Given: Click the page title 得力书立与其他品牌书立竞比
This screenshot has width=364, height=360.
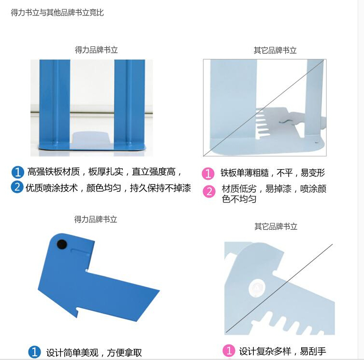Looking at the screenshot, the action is point(57,13).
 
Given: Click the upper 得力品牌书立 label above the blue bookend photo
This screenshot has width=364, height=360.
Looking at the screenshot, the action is point(96,50).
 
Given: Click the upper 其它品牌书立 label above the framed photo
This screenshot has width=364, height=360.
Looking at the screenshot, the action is point(275,50).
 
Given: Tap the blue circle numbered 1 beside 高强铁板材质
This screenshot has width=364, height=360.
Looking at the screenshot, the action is point(17,172).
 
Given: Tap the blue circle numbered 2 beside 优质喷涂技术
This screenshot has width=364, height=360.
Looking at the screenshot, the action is point(17,187).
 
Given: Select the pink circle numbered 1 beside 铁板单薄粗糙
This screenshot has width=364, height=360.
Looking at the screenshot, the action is point(208,173).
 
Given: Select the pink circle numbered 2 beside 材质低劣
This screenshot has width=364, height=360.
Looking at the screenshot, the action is point(209,191).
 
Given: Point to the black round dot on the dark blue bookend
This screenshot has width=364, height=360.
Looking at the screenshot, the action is point(62,245).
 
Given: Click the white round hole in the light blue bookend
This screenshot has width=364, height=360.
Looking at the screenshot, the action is point(257,288).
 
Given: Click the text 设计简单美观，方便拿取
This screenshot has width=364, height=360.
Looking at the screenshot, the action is point(94,353).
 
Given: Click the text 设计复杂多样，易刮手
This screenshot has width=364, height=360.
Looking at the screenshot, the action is point(283,351).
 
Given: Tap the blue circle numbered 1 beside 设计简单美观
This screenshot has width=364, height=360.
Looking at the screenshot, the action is point(35,352).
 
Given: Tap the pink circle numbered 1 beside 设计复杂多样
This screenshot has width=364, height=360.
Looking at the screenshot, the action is point(229,350).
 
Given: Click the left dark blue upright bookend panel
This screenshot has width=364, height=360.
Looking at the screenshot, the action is point(55,104).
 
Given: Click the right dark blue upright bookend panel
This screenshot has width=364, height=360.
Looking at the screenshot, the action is point(130,104).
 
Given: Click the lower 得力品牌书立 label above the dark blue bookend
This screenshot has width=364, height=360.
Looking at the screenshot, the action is point(96,219).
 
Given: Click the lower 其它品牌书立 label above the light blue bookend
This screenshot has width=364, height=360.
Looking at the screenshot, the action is point(276,226).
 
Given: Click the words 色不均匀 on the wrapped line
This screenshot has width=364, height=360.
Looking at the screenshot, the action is point(239,199).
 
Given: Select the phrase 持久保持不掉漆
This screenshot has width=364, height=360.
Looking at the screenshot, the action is point(160,188).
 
